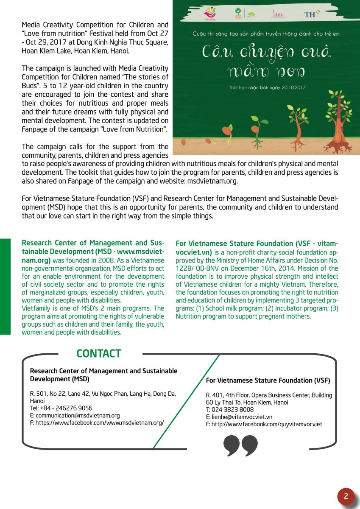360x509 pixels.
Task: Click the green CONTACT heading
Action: click(99, 353)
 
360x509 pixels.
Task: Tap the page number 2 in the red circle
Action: click(346, 496)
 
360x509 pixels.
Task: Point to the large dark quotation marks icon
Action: click(240, 446)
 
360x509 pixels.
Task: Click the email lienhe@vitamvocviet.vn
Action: click(239, 417)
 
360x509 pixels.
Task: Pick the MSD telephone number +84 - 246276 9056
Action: click(61, 408)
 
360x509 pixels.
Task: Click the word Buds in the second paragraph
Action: click(30, 86)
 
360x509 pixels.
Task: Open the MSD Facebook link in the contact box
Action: click(97, 422)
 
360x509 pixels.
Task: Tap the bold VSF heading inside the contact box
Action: click(268, 380)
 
